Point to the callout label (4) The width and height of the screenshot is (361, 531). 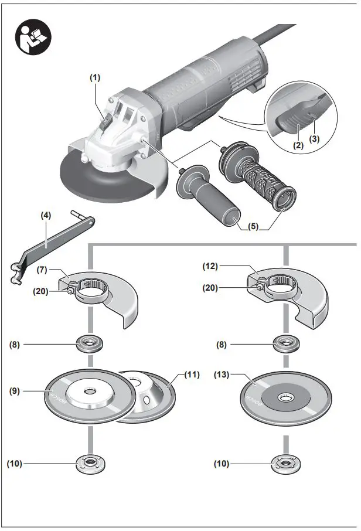46,215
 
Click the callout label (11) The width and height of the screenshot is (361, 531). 192,373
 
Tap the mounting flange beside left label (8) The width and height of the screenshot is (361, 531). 88,344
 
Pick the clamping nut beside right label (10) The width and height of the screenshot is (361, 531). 284,465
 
